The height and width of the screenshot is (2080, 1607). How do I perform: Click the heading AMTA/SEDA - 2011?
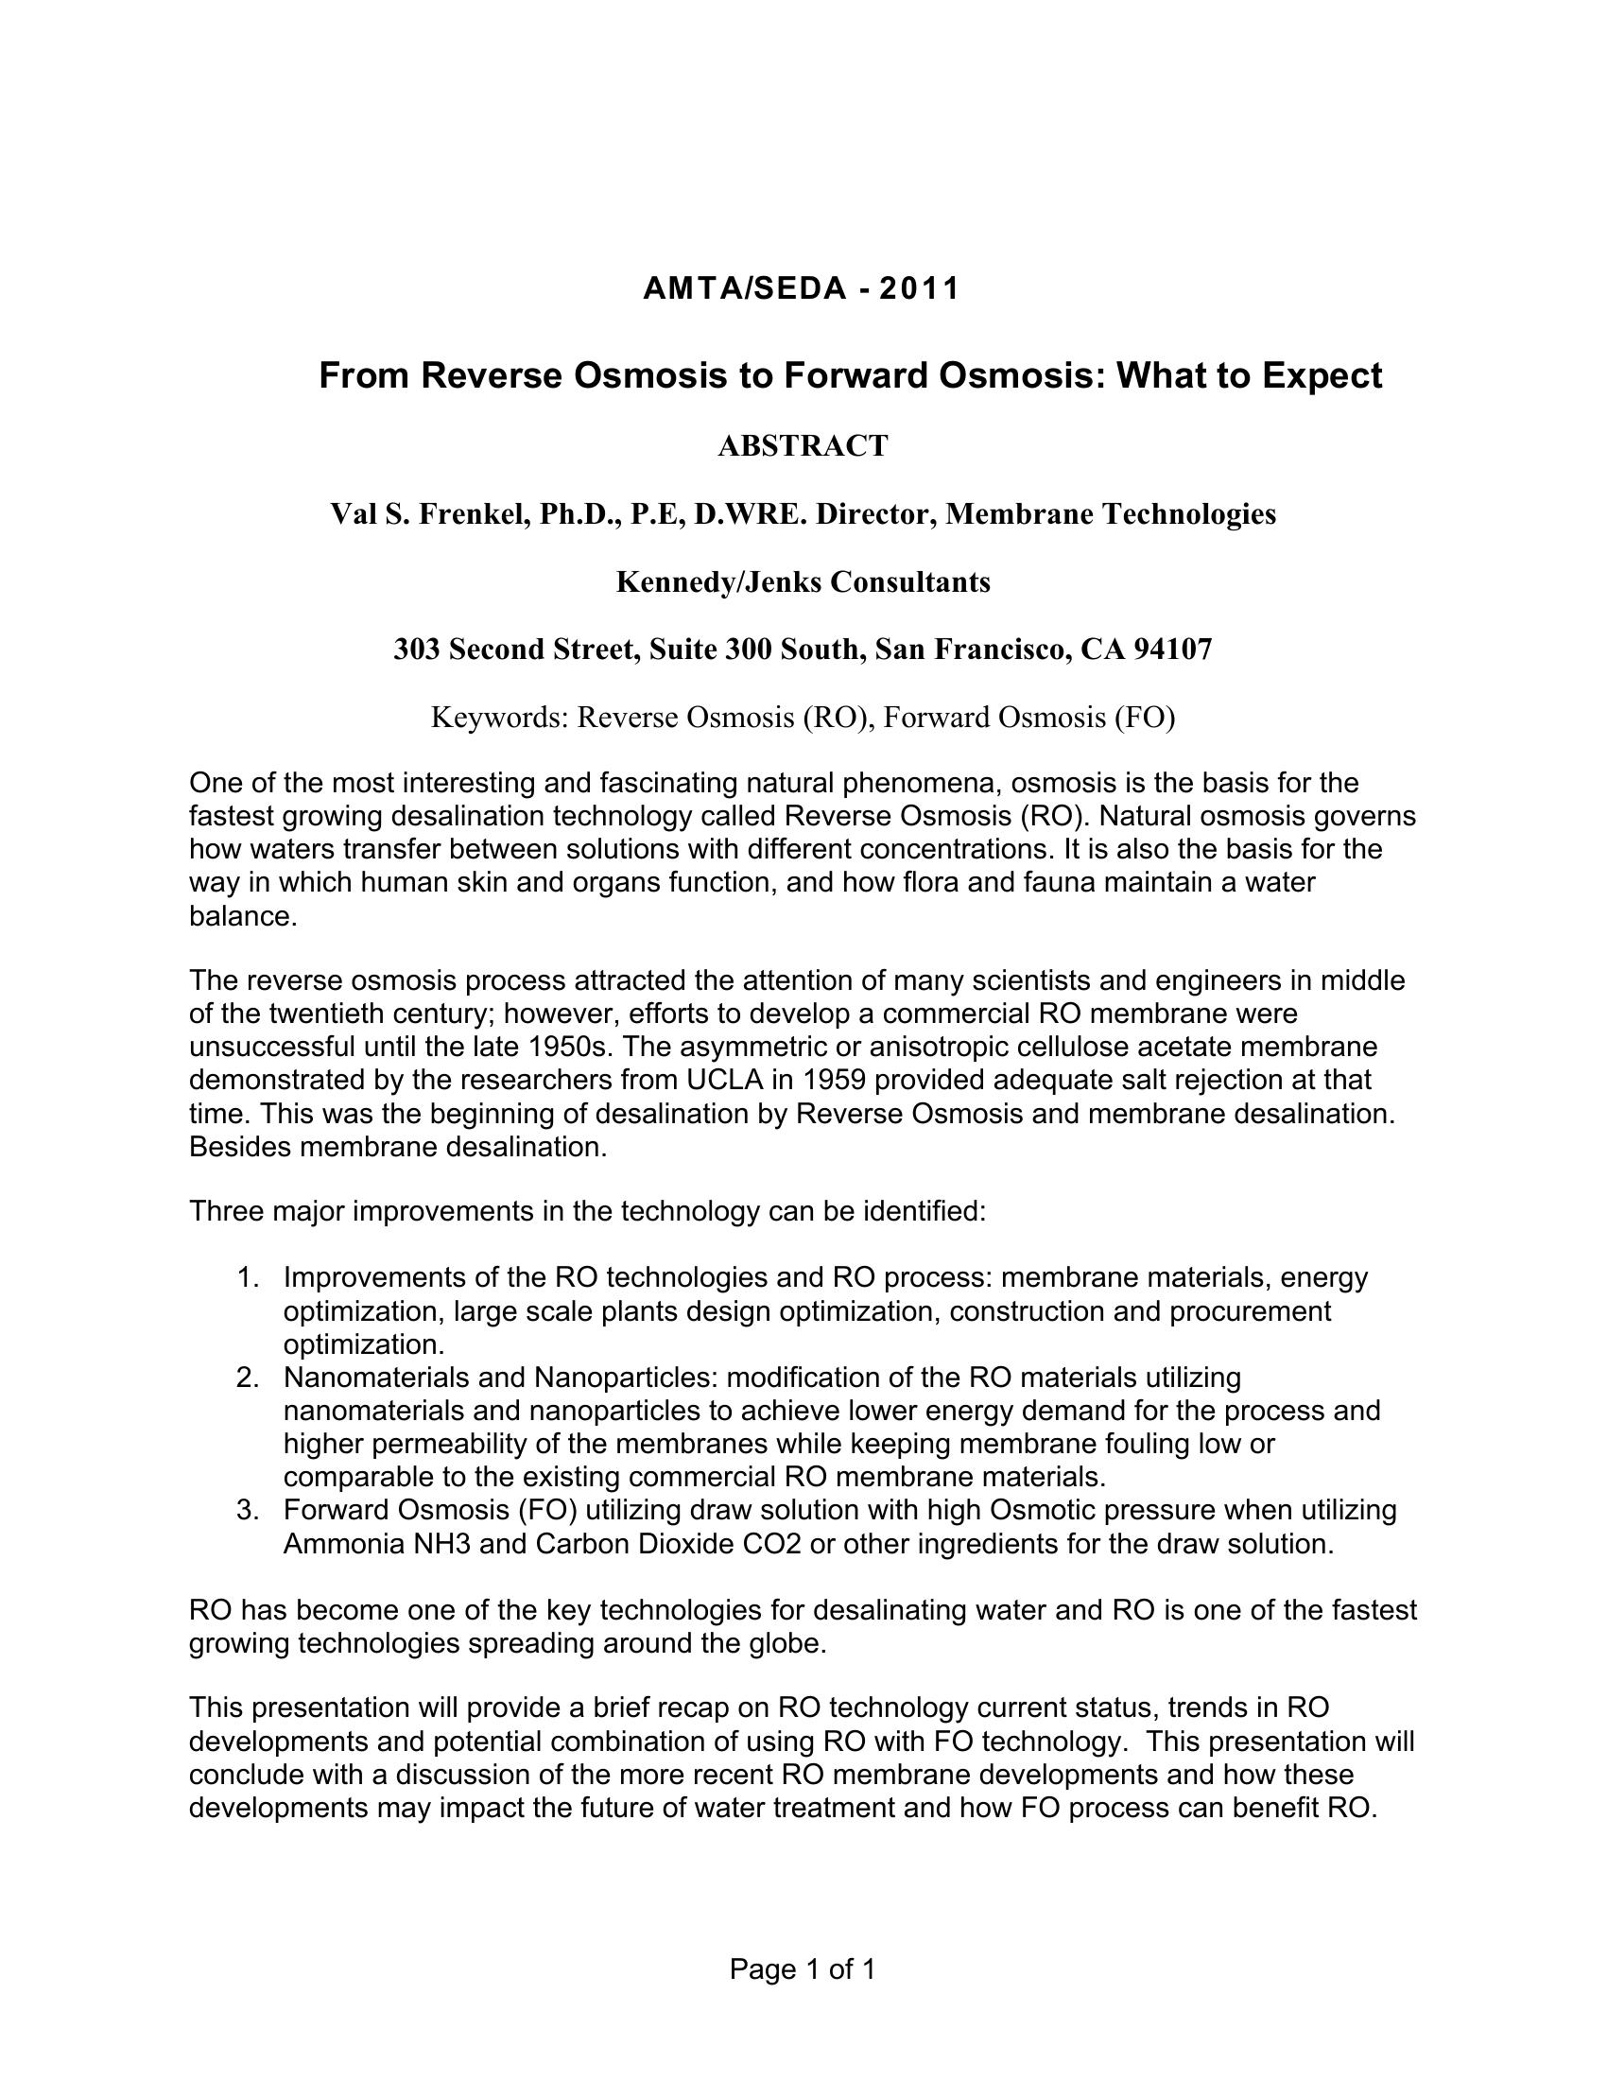[802, 288]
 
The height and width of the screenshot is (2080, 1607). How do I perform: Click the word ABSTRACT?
[803, 445]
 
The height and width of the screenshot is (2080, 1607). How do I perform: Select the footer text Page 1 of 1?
[803, 1968]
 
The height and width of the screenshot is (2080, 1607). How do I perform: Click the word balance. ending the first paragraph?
[244, 916]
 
